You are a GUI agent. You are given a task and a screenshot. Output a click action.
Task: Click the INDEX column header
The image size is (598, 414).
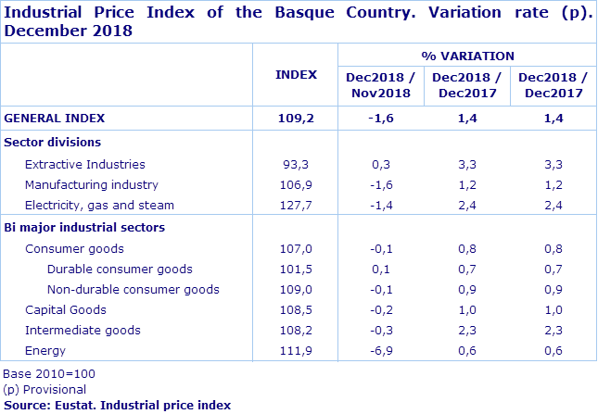(296, 75)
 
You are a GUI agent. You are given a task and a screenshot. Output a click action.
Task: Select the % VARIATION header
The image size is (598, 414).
(467, 56)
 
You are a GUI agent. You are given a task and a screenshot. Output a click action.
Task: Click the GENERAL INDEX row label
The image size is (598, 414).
(55, 119)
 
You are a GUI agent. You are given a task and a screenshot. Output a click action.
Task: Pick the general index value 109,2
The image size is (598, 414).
(296, 119)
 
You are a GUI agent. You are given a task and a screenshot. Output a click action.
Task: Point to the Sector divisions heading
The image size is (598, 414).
(53, 142)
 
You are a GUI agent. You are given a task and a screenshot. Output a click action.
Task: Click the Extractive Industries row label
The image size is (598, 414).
(84, 164)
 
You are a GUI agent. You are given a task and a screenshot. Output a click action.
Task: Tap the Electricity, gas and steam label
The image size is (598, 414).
(99, 205)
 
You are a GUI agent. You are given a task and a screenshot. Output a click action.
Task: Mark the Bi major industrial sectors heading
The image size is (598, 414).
(84, 227)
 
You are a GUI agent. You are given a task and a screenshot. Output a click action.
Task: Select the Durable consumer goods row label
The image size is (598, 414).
(120, 270)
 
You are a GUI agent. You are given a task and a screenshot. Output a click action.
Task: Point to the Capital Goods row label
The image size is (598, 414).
(66, 310)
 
